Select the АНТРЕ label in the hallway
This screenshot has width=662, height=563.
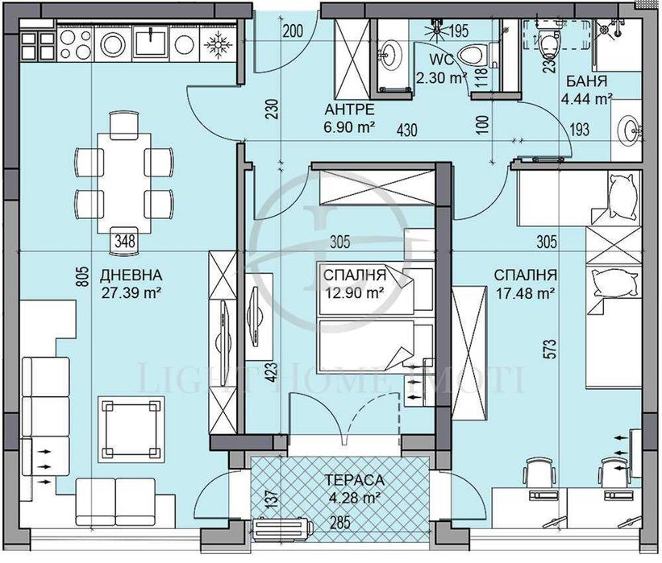tap(348, 110)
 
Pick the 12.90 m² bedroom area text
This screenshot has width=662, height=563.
tap(352, 294)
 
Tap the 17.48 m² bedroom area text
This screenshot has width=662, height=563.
tap(524, 294)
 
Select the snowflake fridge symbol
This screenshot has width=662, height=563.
tap(216, 42)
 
